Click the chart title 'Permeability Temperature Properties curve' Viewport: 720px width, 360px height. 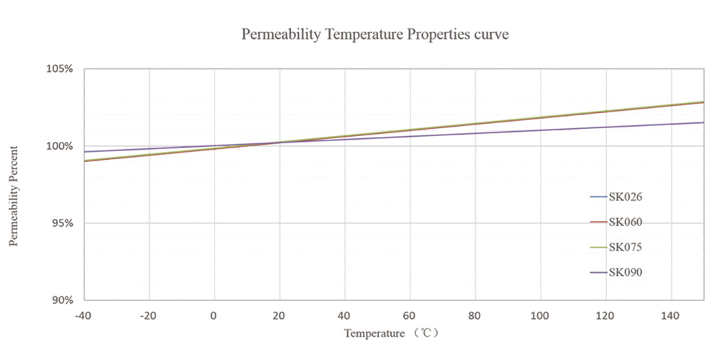tap(375, 35)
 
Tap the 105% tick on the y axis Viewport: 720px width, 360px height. tap(60, 69)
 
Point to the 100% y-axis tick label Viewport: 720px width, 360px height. tap(60, 146)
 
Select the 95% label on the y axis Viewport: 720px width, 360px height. tap(62, 223)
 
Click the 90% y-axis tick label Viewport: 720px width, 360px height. tap(62, 300)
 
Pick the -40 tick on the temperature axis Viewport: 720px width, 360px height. tap(84, 315)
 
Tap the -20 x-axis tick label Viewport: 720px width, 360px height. tap(149, 315)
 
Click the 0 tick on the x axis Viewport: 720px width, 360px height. tap(214, 315)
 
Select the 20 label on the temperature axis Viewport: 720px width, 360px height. tap(279, 315)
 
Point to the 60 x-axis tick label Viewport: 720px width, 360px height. tap(410, 315)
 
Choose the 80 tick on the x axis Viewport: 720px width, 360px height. tap(474, 315)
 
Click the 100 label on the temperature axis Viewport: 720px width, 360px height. tap(540, 315)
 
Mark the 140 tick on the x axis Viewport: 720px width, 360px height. tap(670, 315)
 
